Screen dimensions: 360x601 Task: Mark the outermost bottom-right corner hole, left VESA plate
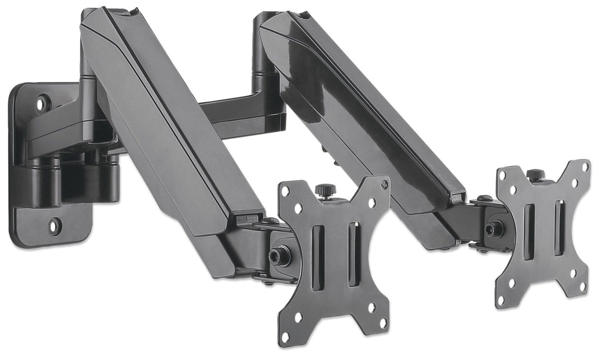click(x=383, y=323)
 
